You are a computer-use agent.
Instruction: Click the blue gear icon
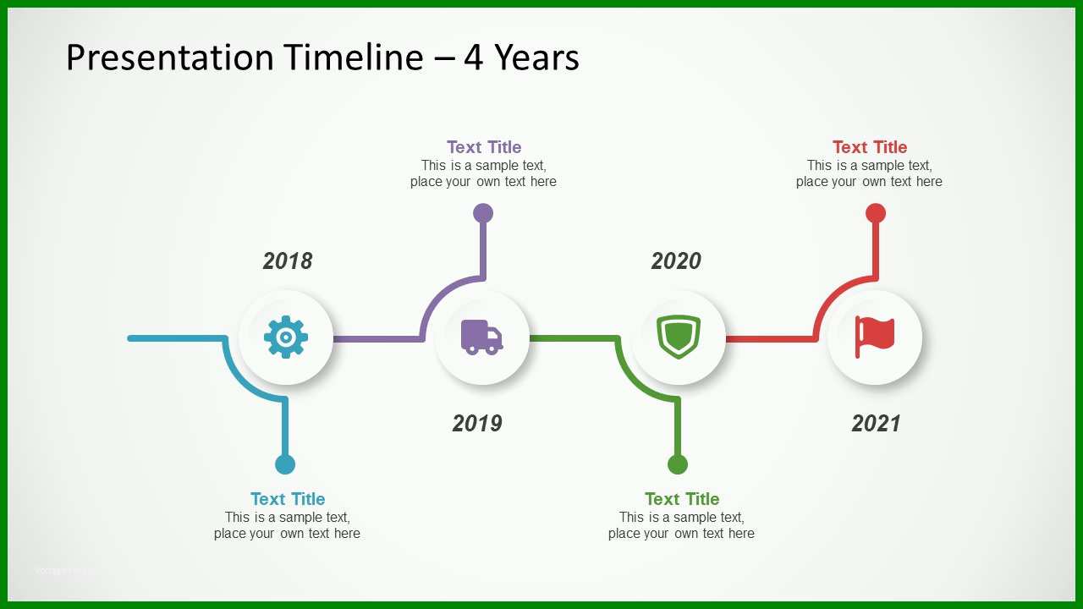click(x=286, y=337)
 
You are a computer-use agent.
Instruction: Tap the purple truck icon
click(x=481, y=337)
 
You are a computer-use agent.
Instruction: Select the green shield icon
click(x=679, y=337)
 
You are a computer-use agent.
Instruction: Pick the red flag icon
click(x=875, y=337)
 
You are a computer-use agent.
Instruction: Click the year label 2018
click(x=288, y=261)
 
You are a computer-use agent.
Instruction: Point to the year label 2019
click(x=477, y=424)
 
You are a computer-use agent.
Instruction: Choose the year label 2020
click(x=676, y=261)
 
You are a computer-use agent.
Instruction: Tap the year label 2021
click(x=876, y=424)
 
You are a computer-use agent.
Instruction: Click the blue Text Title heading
click(x=288, y=499)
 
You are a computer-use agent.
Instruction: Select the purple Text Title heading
click(x=484, y=147)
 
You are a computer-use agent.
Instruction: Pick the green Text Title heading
click(x=682, y=499)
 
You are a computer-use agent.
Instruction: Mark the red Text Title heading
click(x=870, y=147)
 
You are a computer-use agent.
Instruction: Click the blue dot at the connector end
click(x=285, y=464)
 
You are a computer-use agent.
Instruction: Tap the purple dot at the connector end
click(x=483, y=213)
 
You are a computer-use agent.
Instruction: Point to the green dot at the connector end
click(x=678, y=464)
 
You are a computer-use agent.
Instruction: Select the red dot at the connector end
click(x=876, y=213)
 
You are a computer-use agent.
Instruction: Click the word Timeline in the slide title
click(x=354, y=57)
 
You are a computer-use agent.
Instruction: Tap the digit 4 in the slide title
click(x=473, y=58)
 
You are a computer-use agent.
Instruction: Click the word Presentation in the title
click(x=170, y=58)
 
